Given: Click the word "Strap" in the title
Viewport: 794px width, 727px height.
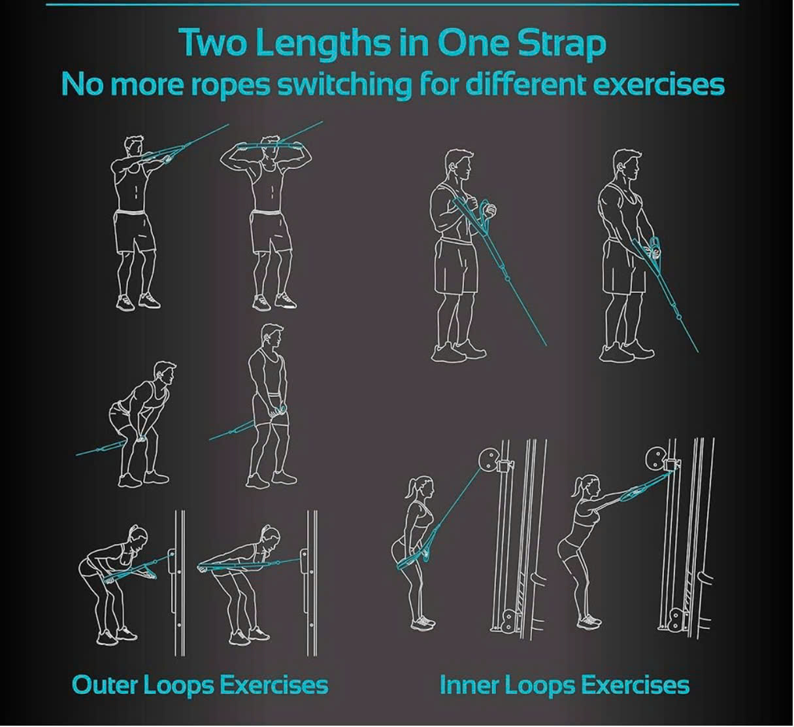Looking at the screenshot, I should pyautogui.click(x=561, y=43).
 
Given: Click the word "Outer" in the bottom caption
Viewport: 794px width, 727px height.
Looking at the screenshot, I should pyautogui.click(x=105, y=685).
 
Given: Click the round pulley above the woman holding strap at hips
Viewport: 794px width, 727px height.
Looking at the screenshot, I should pyautogui.click(x=488, y=458).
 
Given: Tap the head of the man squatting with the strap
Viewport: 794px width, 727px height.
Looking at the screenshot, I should pyautogui.click(x=165, y=374).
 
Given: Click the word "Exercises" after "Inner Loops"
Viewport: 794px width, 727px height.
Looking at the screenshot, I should pyautogui.click(x=634, y=685).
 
